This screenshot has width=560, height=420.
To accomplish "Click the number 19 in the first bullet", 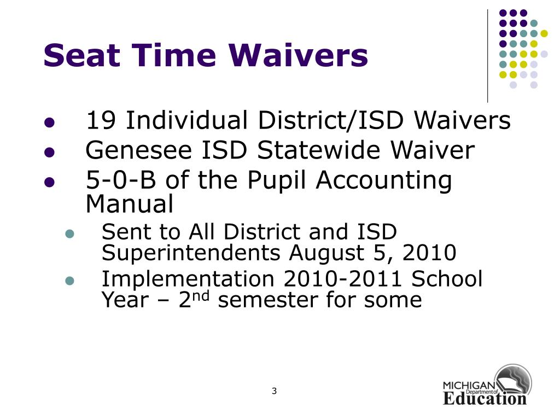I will [102, 121].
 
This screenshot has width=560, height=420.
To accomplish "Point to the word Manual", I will [130, 204].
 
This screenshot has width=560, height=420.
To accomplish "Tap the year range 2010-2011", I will [344, 279].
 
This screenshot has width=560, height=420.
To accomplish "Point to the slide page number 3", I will [274, 391].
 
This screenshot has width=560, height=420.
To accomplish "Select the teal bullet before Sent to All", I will [69, 234].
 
